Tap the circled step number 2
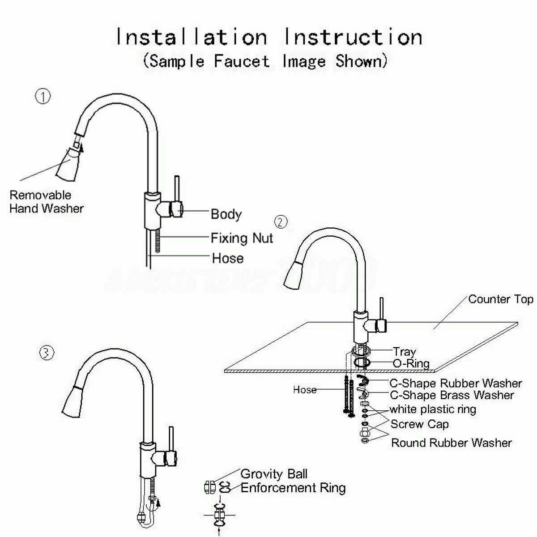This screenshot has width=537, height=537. coord(281,222)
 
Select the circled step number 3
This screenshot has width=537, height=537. coord(47,353)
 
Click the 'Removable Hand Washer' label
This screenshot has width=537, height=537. coord(47,201)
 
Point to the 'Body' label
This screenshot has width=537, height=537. coord(226,214)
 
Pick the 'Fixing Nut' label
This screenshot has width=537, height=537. coord(242,237)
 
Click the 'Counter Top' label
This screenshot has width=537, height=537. coord(500,299)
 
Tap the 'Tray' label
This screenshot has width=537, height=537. coord(404,352)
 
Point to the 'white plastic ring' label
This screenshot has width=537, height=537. coord(433,409)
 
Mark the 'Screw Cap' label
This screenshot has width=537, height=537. coord(419,424)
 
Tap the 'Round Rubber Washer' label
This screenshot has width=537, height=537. coord(452,443)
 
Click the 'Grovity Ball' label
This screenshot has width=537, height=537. coord(274,473)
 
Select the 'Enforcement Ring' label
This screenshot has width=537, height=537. coord(293,487)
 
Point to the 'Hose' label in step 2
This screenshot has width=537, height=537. coord(304,390)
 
